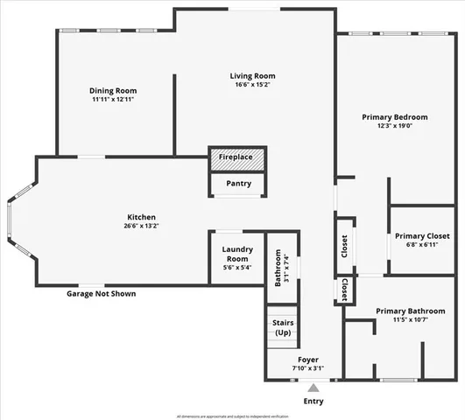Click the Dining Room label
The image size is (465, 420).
tap(114, 90)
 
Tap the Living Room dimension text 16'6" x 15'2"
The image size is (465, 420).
tap(252, 86)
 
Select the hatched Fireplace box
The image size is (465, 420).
tap(236, 157)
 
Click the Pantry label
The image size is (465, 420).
tap(238, 184)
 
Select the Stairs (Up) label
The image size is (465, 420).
tap(283, 328)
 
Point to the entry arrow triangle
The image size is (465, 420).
tap(313, 387)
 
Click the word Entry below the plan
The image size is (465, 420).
tap(313, 402)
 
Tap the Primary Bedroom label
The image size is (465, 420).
tap(395, 117)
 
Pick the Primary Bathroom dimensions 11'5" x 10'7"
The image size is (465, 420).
tap(409, 320)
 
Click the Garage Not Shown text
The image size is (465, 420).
tap(101, 294)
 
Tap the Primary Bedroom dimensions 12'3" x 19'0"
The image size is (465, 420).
tap(395, 126)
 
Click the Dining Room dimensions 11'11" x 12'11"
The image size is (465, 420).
tap(113, 99)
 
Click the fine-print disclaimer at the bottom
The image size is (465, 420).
tap(232, 416)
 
